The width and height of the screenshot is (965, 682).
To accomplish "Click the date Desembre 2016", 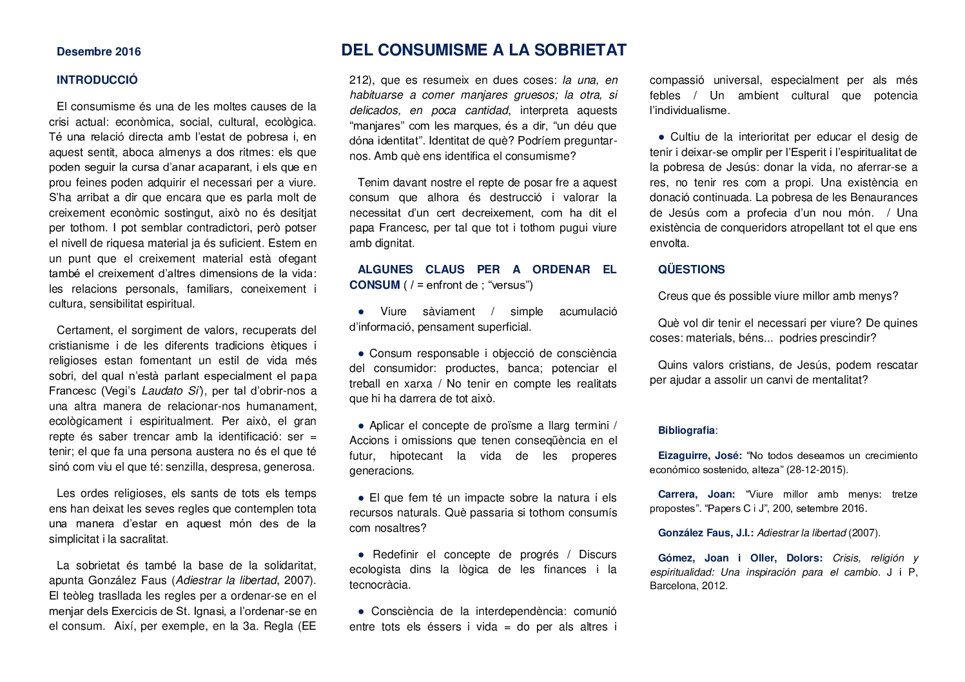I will coord(99,52).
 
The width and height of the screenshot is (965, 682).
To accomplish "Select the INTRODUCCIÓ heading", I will coord(97,80).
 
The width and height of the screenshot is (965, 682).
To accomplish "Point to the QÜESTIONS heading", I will coord(691,269).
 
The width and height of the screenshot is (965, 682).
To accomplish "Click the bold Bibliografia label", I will coord(687,431).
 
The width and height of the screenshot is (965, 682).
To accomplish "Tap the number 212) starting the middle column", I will coord(362,81).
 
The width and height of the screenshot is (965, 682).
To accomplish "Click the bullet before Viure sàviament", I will coord(361,312).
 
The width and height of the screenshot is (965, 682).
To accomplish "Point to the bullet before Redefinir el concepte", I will coord(361,555).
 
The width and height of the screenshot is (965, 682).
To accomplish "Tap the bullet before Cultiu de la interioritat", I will coord(661,137).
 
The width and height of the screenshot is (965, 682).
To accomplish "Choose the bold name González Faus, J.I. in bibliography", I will coord(705,533).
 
